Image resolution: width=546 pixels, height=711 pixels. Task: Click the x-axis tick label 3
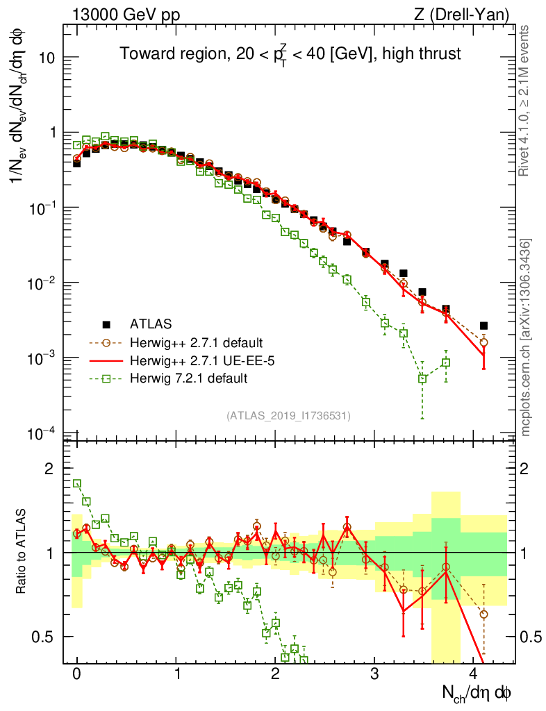[x=375, y=674]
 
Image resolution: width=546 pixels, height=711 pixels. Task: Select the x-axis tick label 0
[x=77, y=674]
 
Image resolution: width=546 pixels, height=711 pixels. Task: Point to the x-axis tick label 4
[x=474, y=674]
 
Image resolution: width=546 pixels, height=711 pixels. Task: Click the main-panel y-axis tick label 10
[x=49, y=58]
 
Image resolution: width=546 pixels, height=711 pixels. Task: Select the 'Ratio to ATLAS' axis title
[x=21, y=553]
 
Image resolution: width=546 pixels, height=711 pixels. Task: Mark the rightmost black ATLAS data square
[x=484, y=326]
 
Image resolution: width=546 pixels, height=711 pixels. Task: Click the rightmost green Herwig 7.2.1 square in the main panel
[x=445, y=362]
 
